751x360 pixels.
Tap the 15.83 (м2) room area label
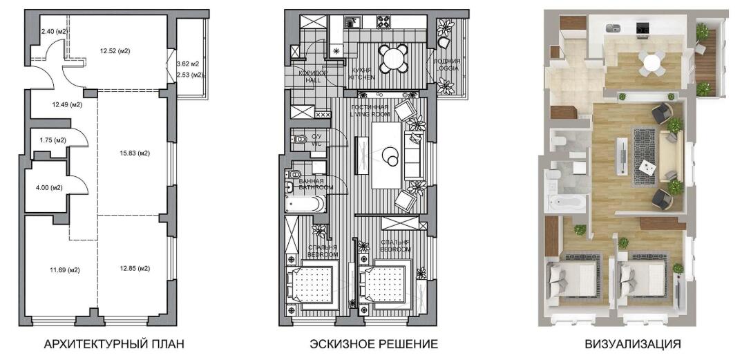tap(134, 153)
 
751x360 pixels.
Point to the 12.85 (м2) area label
tap(134, 269)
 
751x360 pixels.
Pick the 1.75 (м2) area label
tap(53, 140)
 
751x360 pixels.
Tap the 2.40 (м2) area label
tap(53, 32)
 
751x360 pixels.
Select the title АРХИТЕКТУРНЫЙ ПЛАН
tap(113, 344)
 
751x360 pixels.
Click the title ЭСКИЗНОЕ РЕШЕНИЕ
tap(374, 344)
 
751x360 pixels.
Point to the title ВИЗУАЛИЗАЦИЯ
tap(632, 344)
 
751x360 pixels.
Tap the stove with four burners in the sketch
tap(384, 21)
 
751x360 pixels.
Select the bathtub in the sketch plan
tap(305, 203)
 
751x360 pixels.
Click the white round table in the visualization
tap(652, 62)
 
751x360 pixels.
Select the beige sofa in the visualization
tap(666, 156)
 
